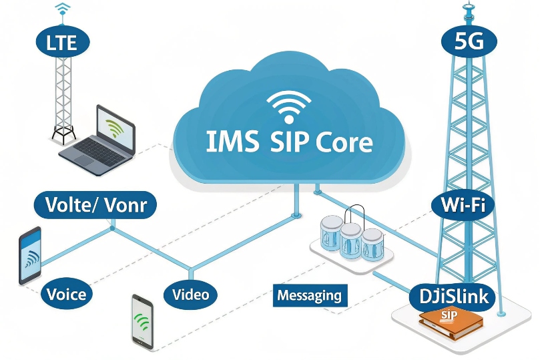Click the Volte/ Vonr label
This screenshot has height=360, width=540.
95,204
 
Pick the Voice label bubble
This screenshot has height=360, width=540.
67,293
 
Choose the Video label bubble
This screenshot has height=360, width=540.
190,294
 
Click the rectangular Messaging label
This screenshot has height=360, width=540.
309,295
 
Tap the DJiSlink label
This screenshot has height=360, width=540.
452,295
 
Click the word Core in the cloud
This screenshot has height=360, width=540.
343,142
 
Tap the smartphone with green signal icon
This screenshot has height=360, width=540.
142,321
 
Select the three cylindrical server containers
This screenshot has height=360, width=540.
350,237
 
